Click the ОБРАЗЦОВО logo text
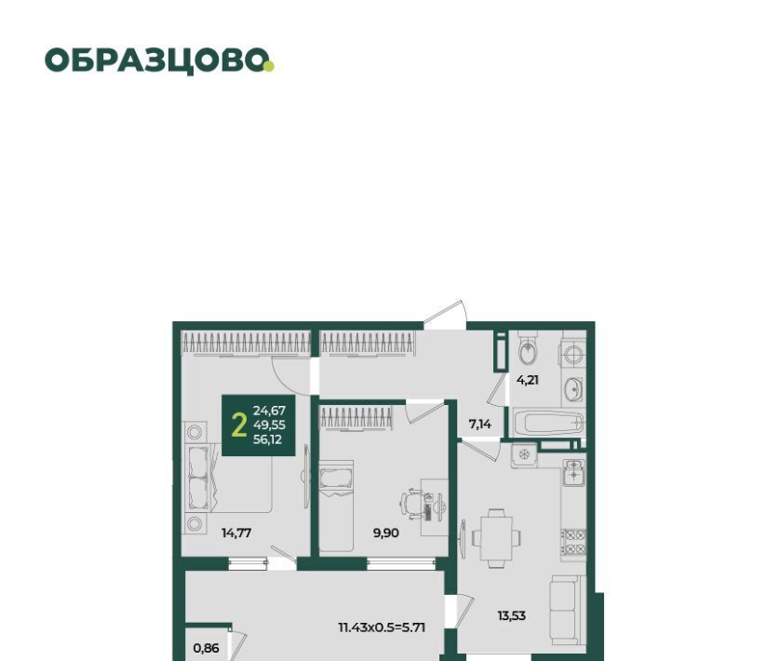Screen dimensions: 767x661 click(156, 61)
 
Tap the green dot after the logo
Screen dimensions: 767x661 click(269, 66)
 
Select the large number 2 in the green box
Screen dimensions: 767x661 click(238, 425)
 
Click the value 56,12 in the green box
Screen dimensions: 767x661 click(267, 439)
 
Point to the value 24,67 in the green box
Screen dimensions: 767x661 click(269, 411)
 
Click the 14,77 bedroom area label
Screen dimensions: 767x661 click(236, 533)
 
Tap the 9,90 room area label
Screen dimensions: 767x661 click(386, 533)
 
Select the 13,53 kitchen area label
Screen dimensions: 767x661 click(512, 615)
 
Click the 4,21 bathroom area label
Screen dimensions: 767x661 click(528, 380)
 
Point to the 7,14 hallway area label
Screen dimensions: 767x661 click(480, 425)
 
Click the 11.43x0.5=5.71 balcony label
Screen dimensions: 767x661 click(382, 627)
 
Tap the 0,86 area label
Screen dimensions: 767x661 click(206, 648)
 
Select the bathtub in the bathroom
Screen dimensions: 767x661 click(549, 423)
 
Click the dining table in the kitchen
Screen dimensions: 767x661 click(496, 539)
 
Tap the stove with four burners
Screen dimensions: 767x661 click(573, 542)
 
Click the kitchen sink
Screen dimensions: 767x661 click(573, 472)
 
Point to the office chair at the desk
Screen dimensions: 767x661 click(412, 502)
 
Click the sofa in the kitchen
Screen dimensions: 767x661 click(568, 610)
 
